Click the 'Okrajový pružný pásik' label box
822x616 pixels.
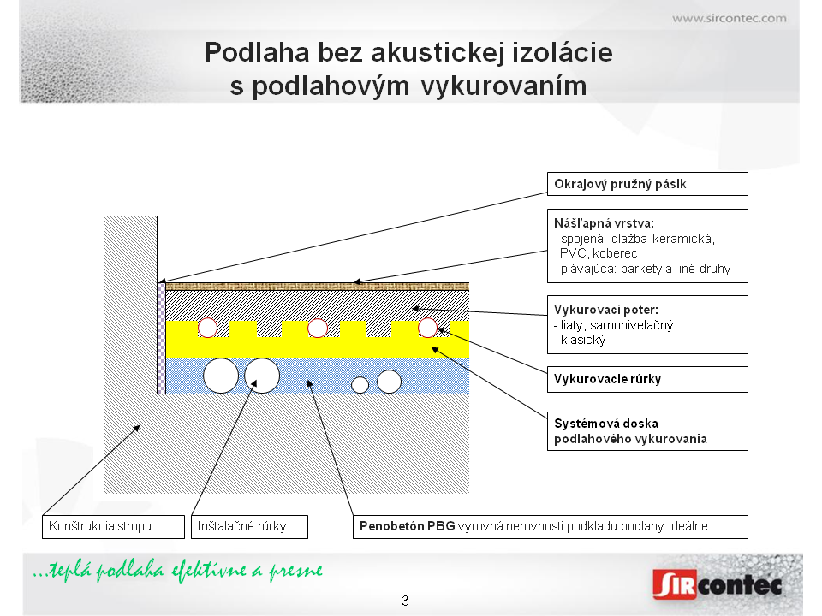click(x=647, y=184)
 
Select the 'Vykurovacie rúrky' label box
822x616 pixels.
click(x=647, y=379)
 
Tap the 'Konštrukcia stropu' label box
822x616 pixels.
click(x=113, y=526)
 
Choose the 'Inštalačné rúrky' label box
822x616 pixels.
click(x=249, y=526)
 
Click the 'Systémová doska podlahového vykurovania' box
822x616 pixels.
click(x=647, y=431)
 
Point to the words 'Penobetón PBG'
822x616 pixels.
click(x=408, y=526)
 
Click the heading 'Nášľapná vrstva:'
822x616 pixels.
click(x=604, y=223)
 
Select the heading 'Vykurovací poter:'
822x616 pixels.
click(x=606, y=310)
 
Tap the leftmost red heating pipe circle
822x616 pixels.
click(x=207, y=328)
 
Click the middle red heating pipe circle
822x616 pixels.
click(x=317, y=328)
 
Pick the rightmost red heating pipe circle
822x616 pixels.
click(x=427, y=328)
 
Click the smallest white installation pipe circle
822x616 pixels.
click(x=360, y=385)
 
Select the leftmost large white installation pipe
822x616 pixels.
click(x=221, y=376)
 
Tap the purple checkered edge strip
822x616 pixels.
click(x=162, y=339)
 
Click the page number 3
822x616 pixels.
click(x=405, y=601)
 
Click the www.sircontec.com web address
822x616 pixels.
click(x=730, y=18)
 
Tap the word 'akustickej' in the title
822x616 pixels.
click(x=437, y=53)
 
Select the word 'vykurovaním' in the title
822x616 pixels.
click(x=503, y=86)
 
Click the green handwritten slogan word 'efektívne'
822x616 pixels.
click(x=209, y=571)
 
